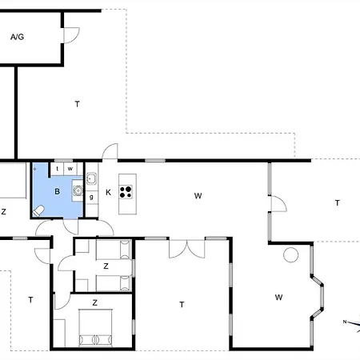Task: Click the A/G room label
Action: (x=18, y=37)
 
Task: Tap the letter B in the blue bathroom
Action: (x=57, y=191)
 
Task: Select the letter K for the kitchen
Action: (x=108, y=192)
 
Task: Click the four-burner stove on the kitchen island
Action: (x=126, y=192)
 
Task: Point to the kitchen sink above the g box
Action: (x=91, y=178)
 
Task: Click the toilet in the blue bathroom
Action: (x=38, y=210)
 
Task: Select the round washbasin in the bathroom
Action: (x=78, y=190)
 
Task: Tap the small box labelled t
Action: (x=57, y=169)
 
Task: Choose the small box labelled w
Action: (x=70, y=169)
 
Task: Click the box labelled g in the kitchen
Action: (x=92, y=198)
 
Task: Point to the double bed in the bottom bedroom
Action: (x=95, y=328)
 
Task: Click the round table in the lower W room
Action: (x=290, y=255)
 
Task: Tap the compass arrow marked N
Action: (x=352, y=323)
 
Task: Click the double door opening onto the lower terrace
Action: (x=187, y=249)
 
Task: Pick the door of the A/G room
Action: (x=71, y=35)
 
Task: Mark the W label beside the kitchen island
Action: (x=198, y=196)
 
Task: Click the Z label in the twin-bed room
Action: (x=106, y=266)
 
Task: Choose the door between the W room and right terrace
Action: (x=278, y=204)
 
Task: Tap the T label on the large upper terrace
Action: (x=78, y=104)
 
